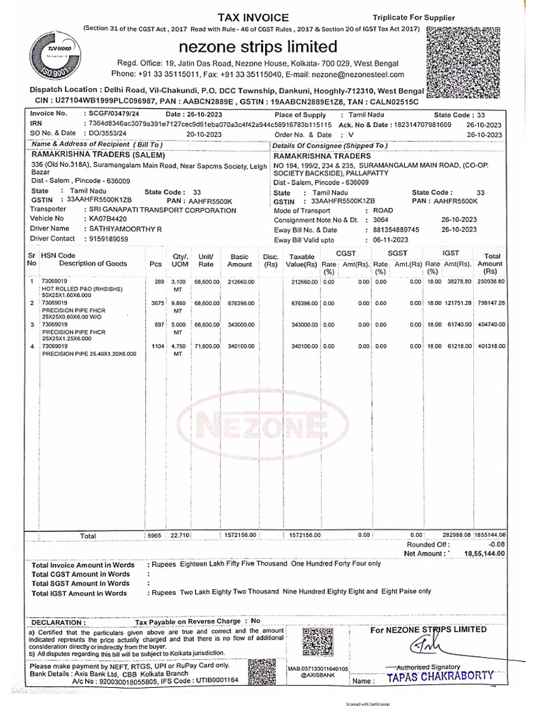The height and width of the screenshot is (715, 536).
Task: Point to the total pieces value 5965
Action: pyautogui.click(x=155, y=535)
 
